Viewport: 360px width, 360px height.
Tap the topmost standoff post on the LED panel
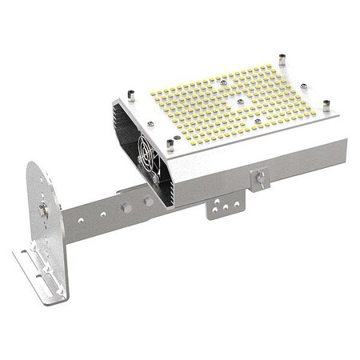tap(282, 60)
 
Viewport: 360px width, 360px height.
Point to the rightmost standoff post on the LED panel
tap(326, 105)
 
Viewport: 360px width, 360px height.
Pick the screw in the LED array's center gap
tap(238, 102)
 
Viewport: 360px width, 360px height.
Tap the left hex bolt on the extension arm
tap(125, 208)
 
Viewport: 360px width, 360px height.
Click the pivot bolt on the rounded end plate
tap(42, 210)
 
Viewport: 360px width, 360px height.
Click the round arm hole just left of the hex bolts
tap(106, 212)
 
